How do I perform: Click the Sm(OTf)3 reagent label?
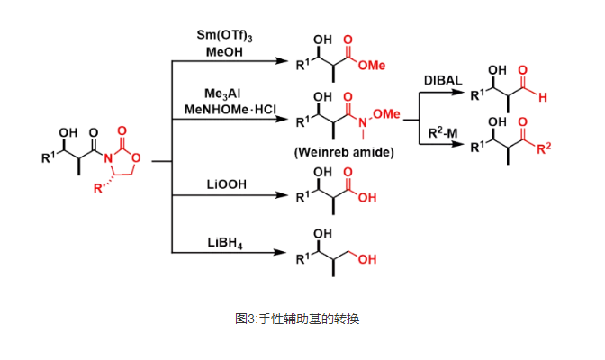click(x=224, y=35)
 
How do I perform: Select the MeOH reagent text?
click(x=224, y=52)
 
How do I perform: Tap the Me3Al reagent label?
click(x=222, y=94)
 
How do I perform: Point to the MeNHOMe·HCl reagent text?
click(x=230, y=110)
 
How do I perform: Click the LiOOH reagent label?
click(x=227, y=184)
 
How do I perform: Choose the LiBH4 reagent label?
click(x=225, y=243)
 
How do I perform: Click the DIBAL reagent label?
click(x=443, y=80)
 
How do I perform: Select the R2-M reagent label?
click(x=443, y=133)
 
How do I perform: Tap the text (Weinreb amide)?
click(x=344, y=152)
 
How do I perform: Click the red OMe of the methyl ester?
click(x=372, y=66)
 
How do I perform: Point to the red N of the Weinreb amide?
click(x=363, y=122)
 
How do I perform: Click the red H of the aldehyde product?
click(x=543, y=97)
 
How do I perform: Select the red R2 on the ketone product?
click(x=544, y=148)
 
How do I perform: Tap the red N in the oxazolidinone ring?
click(x=108, y=158)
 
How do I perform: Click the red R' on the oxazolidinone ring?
click(x=99, y=188)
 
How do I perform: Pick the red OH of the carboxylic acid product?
click(x=367, y=198)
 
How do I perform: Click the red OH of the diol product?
click(x=367, y=259)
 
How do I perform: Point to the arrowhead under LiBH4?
click(x=280, y=253)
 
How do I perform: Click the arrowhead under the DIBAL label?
click(x=457, y=93)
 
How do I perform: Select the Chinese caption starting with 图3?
click(x=297, y=319)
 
